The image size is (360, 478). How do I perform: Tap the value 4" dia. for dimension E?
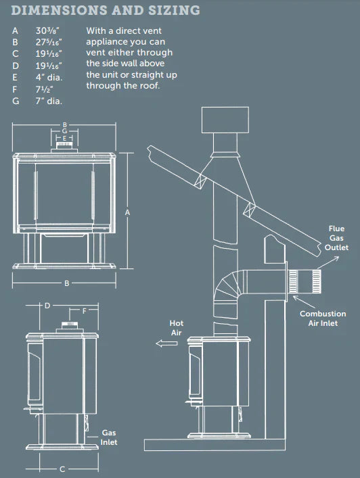(x=49, y=76)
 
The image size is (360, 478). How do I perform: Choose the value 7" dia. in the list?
(x=49, y=99)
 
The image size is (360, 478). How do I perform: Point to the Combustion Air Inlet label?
(x=323, y=319)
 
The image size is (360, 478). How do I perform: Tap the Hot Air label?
(x=176, y=328)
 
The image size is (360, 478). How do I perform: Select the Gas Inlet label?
(x=110, y=437)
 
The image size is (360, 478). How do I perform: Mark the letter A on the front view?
(x=127, y=212)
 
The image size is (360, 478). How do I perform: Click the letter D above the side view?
(x=47, y=306)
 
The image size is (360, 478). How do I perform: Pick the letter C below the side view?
(x=62, y=469)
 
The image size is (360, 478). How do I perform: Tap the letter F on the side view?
(x=83, y=312)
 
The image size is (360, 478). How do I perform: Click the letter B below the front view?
(x=67, y=283)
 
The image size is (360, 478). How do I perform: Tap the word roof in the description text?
(x=150, y=86)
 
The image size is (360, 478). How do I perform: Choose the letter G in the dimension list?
(x=15, y=99)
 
